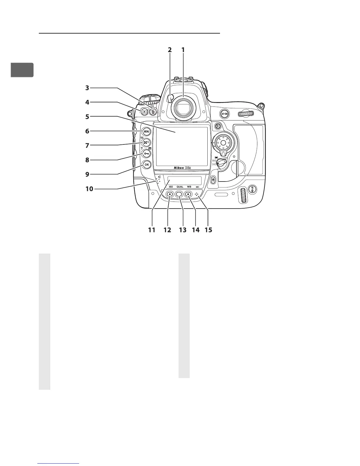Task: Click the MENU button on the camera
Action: tap(146, 131)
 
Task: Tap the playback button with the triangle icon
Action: tap(144, 111)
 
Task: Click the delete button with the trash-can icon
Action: tap(153, 111)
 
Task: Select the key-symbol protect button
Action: tap(146, 154)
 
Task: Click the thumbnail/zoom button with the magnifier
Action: tap(146, 143)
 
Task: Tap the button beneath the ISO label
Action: tap(170, 194)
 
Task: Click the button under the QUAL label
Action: tap(179, 194)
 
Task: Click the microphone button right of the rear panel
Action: tap(213, 179)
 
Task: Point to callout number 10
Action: tap(89, 189)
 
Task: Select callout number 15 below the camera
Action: tap(208, 230)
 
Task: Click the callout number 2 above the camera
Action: tap(170, 50)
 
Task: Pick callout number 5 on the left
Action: tap(87, 117)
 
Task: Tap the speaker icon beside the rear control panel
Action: tap(159, 177)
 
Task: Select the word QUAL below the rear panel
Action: tap(180, 187)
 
